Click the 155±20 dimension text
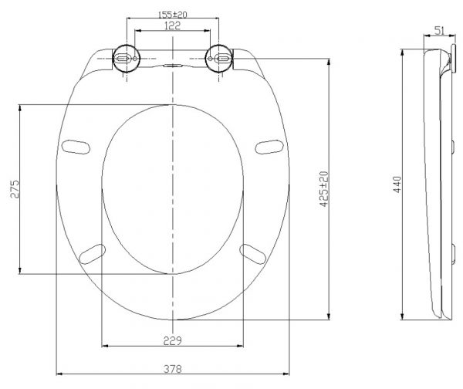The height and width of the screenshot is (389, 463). (x=172, y=15)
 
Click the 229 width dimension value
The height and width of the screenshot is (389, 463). (x=173, y=340)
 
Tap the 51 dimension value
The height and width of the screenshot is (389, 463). (x=438, y=30)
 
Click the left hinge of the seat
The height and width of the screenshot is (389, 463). (x=124, y=58)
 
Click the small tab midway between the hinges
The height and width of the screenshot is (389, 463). (x=173, y=66)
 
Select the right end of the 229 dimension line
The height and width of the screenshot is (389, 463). (x=245, y=347)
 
